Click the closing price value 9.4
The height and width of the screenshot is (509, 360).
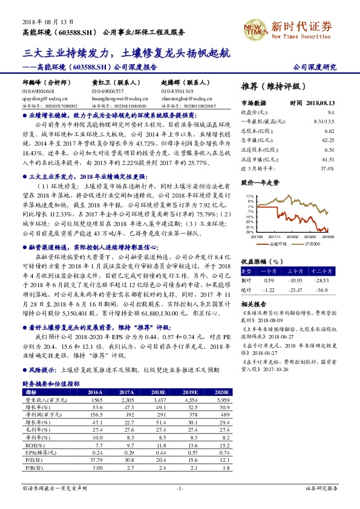(x=330, y=112)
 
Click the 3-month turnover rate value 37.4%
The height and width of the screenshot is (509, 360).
(x=327, y=169)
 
